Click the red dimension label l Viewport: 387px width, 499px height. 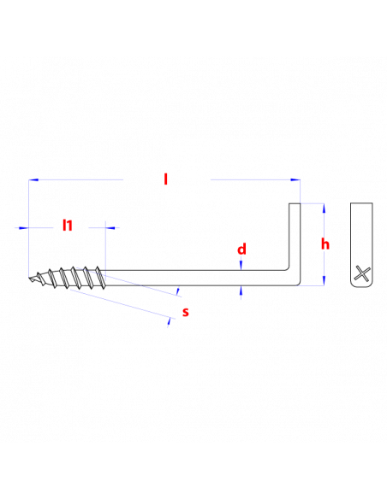(165, 179)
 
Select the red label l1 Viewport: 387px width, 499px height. (68, 225)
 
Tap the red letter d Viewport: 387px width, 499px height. (241, 249)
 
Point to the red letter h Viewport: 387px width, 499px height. (325, 244)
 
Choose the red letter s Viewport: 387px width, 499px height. (186, 312)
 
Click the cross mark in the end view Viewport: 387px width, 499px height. (362, 273)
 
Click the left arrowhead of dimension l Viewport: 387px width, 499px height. (33, 179)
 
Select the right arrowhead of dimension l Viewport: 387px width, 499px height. (295, 179)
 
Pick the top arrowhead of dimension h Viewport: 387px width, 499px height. (324, 208)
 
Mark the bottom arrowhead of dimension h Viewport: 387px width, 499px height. (324, 280)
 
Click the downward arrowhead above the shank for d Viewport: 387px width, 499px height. (241, 266)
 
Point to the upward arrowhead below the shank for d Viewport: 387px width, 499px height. (241, 291)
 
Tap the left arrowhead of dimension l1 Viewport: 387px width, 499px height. (24, 227)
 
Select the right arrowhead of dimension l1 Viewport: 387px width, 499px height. (110, 227)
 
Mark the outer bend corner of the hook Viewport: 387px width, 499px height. (299, 285)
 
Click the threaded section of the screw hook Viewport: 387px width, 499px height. (67, 278)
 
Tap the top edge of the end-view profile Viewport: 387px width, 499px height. (361, 203)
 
